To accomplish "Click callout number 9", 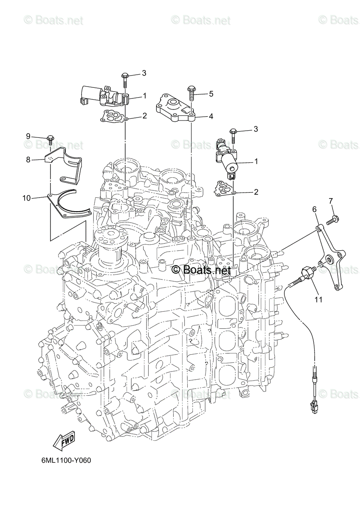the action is pos(28,136).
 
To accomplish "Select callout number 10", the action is pos(27,198).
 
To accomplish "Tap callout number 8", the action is pos(28,160).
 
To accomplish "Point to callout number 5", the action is pos(211,94).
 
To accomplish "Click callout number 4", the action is pos(211,116).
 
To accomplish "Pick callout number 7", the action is pos(331,201).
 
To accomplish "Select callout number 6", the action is pos(314,209).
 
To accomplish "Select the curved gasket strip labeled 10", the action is pos(68,204).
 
